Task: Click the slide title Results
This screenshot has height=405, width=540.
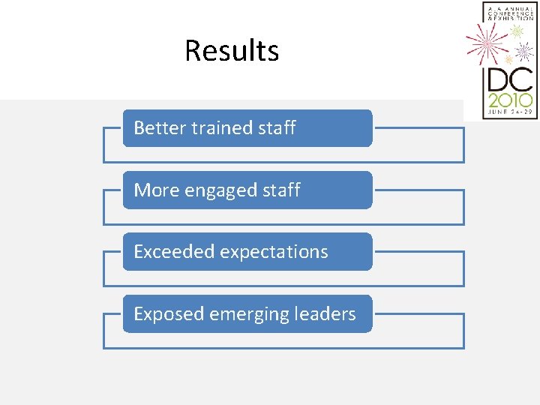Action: (232, 51)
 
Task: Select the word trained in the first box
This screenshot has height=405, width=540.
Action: (221, 128)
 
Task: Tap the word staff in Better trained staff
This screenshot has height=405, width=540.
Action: (277, 128)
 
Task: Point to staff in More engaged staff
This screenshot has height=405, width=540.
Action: (281, 190)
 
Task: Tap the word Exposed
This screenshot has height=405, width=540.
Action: (168, 314)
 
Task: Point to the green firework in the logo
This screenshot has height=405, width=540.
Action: (517, 31)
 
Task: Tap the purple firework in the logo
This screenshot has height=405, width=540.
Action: (523, 52)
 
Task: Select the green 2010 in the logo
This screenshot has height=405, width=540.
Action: (509, 100)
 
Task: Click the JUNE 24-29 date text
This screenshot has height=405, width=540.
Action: (509, 112)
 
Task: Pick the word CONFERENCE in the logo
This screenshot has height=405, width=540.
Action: (510, 12)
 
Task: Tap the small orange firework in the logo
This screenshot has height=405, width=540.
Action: (508, 59)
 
